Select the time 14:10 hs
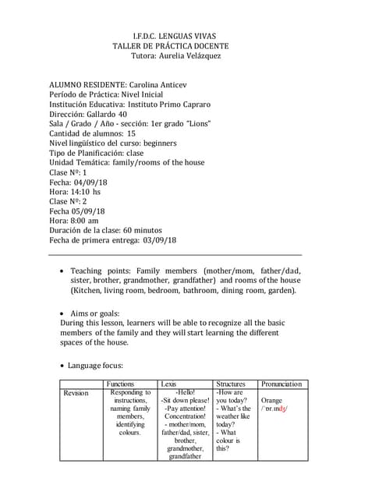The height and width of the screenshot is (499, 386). (x=86, y=191)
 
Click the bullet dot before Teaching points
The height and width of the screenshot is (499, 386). (x=63, y=271)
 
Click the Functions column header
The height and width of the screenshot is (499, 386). (x=122, y=384)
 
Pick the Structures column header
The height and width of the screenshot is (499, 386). (x=231, y=384)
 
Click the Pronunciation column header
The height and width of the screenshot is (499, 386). (x=282, y=384)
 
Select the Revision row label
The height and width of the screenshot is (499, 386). (x=76, y=393)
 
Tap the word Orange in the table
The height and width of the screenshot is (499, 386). (x=272, y=400)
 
